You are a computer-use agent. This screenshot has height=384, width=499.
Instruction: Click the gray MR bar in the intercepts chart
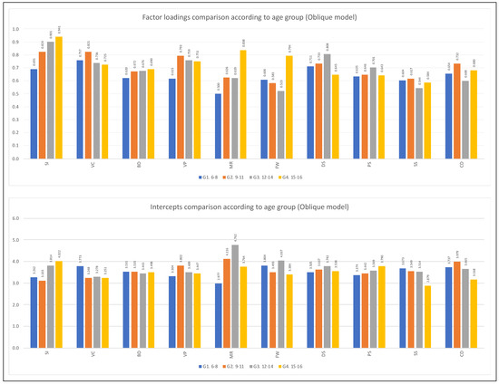236,285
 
